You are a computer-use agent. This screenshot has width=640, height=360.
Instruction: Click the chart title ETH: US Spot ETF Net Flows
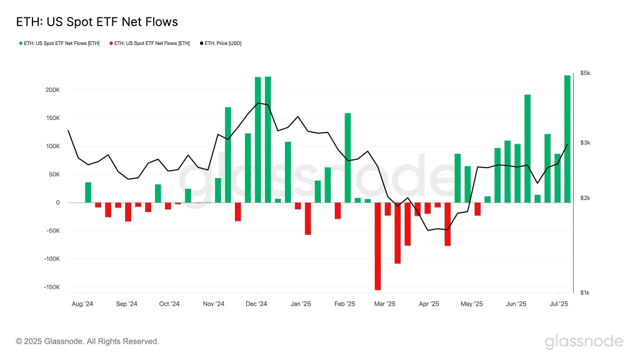point(97,22)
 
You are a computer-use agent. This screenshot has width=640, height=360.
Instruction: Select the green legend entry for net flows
point(60,43)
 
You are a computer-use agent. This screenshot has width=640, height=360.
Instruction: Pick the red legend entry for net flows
point(151,43)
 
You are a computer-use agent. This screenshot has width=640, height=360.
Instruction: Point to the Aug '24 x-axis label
point(82,304)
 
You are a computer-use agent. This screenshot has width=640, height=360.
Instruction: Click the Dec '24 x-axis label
point(256,304)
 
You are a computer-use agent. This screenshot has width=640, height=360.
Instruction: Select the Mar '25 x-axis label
point(385,304)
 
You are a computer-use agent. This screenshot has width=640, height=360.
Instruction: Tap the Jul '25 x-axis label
point(558,304)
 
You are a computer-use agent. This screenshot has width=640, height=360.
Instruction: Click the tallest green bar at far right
point(567,139)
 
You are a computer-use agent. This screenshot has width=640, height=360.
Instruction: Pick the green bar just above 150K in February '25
point(347,157)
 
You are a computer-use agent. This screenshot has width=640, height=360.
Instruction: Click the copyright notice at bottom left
point(87,341)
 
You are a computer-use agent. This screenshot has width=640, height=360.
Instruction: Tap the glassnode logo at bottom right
point(584,342)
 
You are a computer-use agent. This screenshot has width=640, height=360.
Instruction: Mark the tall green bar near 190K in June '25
point(527,148)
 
